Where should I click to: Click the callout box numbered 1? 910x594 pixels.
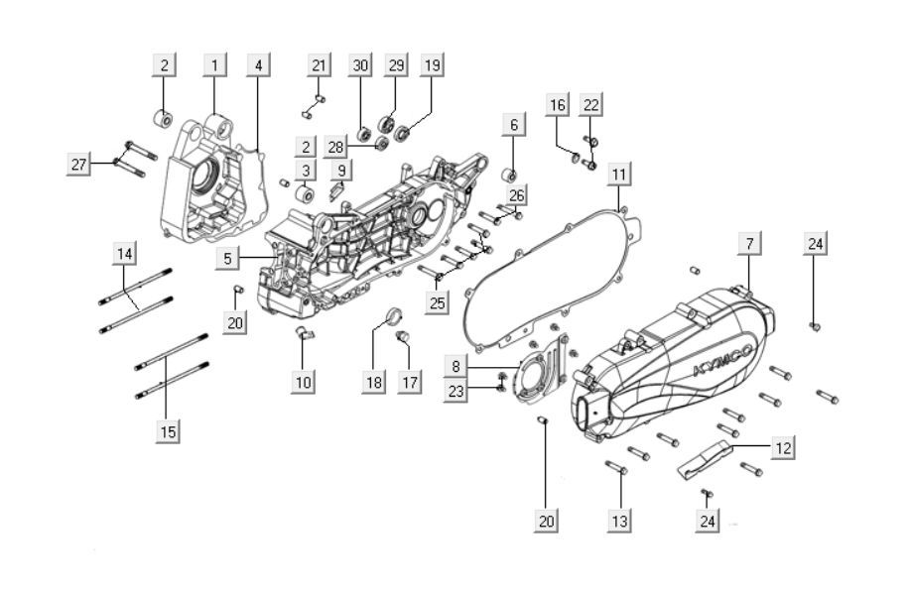click(x=213, y=65)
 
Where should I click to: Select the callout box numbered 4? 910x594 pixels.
click(x=258, y=65)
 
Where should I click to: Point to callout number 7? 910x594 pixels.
click(x=749, y=243)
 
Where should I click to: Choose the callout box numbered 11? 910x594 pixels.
click(x=618, y=175)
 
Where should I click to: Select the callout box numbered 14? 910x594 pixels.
click(x=124, y=255)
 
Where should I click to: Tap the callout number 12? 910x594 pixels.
click(x=783, y=448)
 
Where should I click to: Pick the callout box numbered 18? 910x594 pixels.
click(x=373, y=383)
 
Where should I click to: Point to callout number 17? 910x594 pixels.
click(x=406, y=383)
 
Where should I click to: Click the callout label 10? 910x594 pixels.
click(x=303, y=382)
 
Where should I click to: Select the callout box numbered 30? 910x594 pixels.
click(x=360, y=65)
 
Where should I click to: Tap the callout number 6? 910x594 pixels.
click(x=514, y=125)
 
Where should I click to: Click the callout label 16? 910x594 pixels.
click(x=558, y=105)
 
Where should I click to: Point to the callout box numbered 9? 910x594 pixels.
click(x=340, y=171)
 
